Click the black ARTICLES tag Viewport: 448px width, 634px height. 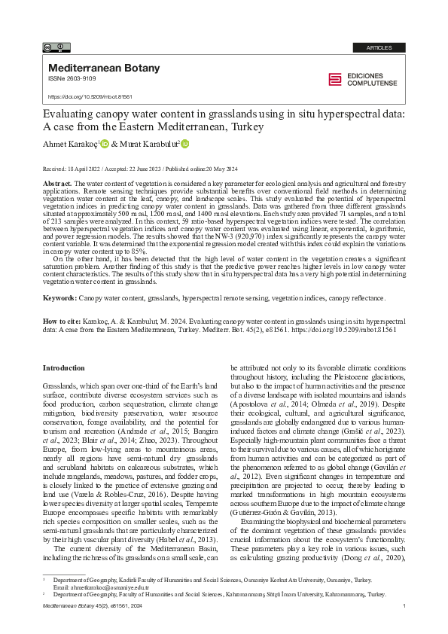pyautogui.click(x=379, y=47)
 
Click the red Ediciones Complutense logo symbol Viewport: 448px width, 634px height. pyautogui.click(x=335, y=79)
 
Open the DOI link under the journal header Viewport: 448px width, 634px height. pyautogui.click(x=90, y=97)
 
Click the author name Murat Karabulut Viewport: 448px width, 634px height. pyautogui.click(x=148, y=144)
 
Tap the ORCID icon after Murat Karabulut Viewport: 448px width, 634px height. pyautogui.click(x=184, y=144)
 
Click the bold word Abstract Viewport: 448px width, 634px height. pyautogui.click(x=58, y=183)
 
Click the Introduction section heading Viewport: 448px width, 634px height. pyautogui.click(x=64, y=367)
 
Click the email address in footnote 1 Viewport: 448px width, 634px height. pyautogui.click(x=91, y=586)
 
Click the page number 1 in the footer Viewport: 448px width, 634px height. pyautogui.click(x=405, y=606)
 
